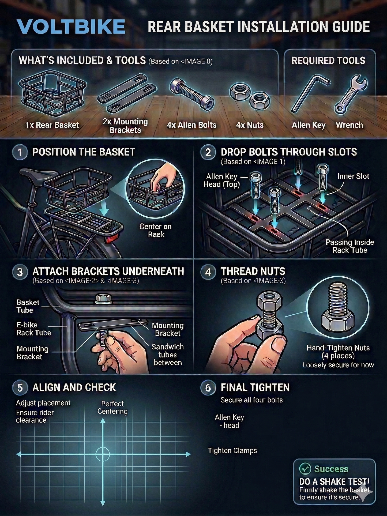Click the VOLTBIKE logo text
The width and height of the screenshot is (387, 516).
[x=71, y=27]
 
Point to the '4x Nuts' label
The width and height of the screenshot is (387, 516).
[x=250, y=125]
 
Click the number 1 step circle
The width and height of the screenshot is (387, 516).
[x=20, y=152]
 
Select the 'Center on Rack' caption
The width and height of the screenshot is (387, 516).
[x=156, y=230]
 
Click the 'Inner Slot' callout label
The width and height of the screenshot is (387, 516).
[x=353, y=176]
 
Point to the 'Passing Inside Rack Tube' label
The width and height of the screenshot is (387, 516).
[x=350, y=246]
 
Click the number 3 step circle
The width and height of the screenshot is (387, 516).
[x=20, y=272]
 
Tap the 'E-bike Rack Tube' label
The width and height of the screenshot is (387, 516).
[x=33, y=329]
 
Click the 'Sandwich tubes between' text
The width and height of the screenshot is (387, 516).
[x=168, y=355]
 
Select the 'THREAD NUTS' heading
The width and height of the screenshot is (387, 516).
[x=253, y=271]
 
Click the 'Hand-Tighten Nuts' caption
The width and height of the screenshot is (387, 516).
[x=338, y=348]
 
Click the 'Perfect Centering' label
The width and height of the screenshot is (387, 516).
[x=112, y=407]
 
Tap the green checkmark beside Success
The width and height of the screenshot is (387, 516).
[x=305, y=469]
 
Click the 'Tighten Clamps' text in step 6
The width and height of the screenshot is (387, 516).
[x=232, y=451]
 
